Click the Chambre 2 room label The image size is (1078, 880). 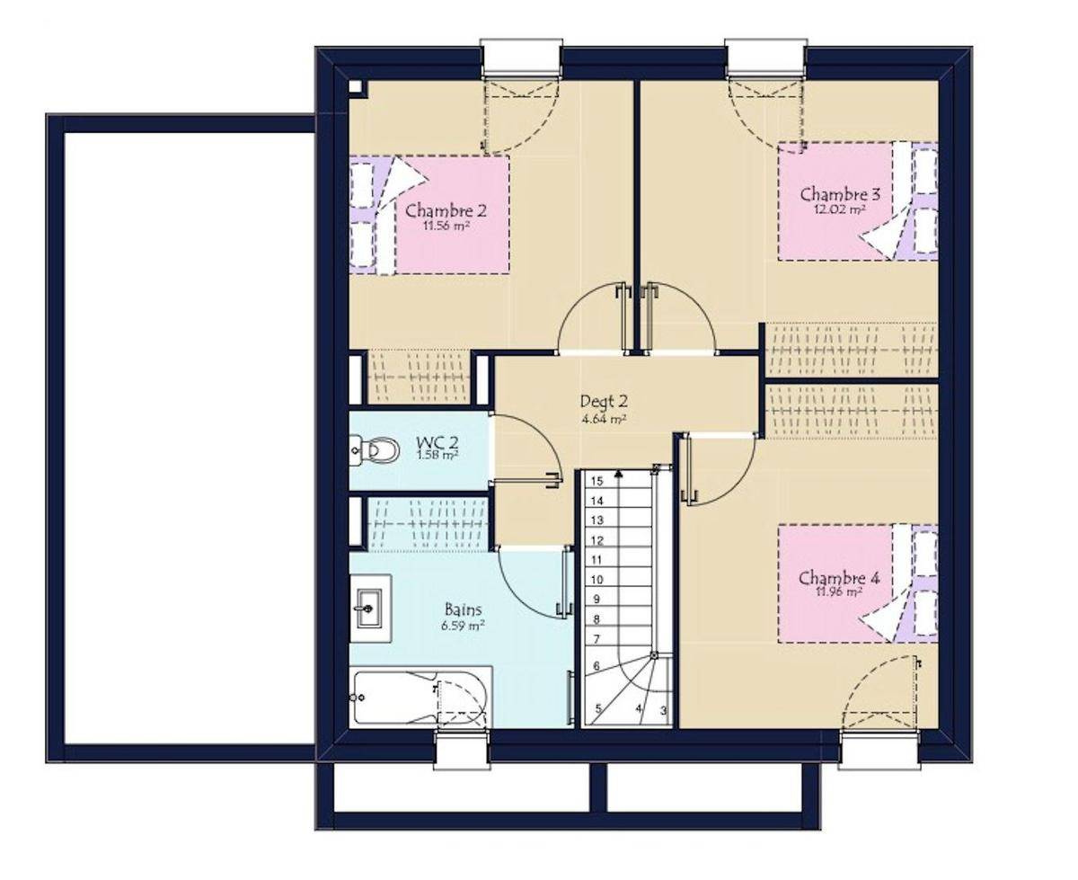pos(446,210)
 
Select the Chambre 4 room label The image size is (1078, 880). pos(839,578)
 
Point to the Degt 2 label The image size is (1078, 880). pos(604,402)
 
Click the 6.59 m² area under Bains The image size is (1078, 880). pos(463,625)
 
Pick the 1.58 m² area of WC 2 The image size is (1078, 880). pos(437,455)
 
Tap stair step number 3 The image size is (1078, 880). pos(664,710)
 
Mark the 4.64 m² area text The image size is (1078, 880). pos(605,419)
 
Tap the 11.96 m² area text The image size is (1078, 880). pos(839,592)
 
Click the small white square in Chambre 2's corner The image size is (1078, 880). pos(355,86)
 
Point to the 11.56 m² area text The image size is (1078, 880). pos(446,226)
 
